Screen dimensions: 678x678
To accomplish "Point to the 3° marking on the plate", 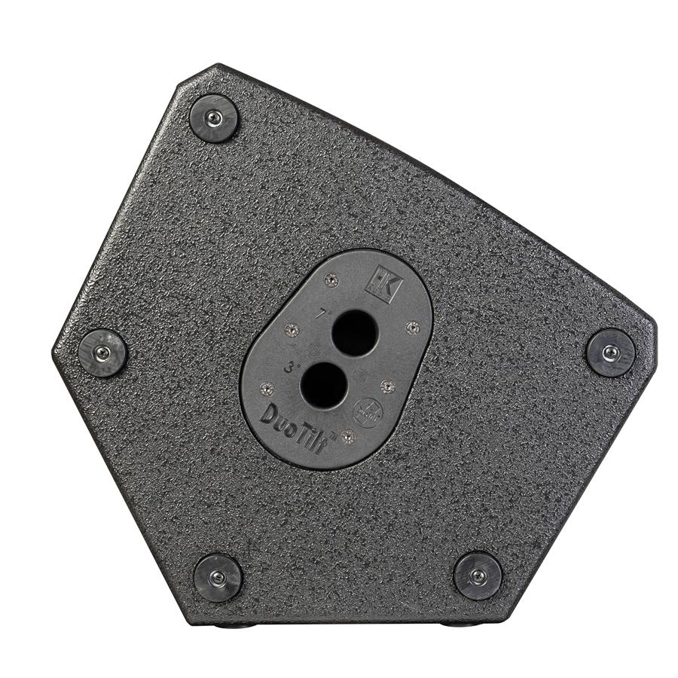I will pyautogui.click(x=290, y=369).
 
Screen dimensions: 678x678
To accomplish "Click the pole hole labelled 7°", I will pyautogui.click(x=354, y=332).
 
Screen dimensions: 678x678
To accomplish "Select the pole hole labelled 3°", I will pyautogui.click(x=322, y=384).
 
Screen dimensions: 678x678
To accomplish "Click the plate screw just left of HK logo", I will pyautogui.click(x=329, y=280).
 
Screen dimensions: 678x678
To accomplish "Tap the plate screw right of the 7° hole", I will pyautogui.click(x=411, y=327).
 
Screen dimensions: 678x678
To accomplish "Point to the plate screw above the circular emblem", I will pyautogui.click(x=387, y=386).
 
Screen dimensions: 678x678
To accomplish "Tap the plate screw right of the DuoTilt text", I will pyautogui.click(x=347, y=436).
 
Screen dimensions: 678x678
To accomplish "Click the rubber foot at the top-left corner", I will pyautogui.click(x=214, y=118).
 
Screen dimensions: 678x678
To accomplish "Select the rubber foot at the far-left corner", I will pyautogui.click(x=103, y=353).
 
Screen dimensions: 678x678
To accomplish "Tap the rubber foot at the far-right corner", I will pyautogui.click(x=611, y=353).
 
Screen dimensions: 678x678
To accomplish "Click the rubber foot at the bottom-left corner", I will pyautogui.click(x=218, y=577).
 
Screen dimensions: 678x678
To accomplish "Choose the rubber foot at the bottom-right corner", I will pyautogui.click(x=478, y=576).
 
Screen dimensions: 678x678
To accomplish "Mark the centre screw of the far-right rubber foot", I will pyautogui.click(x=611, y=353).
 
